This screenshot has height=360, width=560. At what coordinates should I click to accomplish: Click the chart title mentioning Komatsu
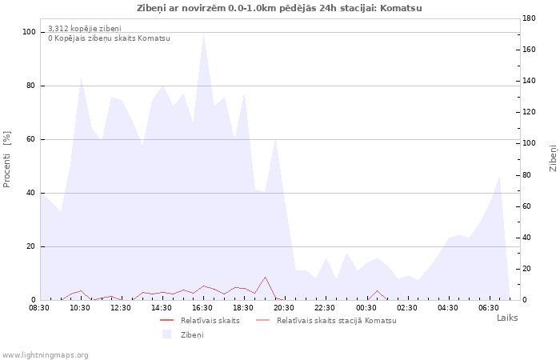click(x=279, y=8)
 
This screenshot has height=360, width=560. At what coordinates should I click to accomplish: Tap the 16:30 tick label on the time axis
click(x=202, y=308)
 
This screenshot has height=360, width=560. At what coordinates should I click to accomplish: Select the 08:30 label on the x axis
click(x=39, y=308)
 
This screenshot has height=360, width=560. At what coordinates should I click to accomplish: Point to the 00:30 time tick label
click(x=366, y=308)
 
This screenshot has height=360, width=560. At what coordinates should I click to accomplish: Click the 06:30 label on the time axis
click(x=489, y=308)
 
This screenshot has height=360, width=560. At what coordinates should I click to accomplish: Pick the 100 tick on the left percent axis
click(x=29, y=32)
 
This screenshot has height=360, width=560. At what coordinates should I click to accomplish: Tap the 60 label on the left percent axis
click(x=31, y=139)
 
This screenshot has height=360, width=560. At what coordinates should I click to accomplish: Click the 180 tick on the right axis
click(x=529, y=18)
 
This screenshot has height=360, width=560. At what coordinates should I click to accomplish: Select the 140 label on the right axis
click(x=529, y=81)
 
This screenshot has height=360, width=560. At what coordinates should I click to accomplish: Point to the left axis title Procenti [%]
click(x=6, y=159)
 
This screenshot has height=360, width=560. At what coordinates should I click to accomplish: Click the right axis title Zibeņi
click(x=553, y=158)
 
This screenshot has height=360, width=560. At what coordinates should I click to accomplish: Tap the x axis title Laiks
click(x=507, y=318)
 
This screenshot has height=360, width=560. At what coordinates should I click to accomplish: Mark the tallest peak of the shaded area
click(x=203, y=34)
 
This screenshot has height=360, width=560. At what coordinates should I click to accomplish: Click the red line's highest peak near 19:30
click(x=265, y=277)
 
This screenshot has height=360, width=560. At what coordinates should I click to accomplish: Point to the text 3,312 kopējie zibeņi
click(x=85, y=29)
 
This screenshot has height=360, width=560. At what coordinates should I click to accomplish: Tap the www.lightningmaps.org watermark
click(x=45, y=355)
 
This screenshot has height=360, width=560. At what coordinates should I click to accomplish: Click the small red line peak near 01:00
click(x=377, y=290)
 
